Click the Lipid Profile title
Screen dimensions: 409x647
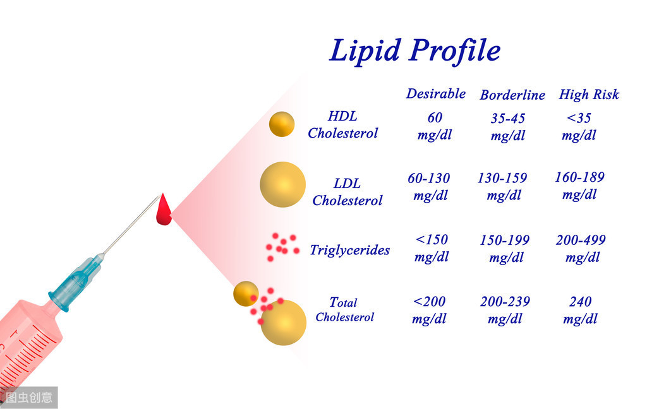[415, 50]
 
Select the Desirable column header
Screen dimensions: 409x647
[435, 94]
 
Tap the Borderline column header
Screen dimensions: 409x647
[512, 95]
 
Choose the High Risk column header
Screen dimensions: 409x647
[588, 95]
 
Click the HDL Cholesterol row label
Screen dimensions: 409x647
[342, 124]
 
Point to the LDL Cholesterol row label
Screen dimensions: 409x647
[347, 192]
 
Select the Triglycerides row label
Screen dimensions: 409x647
[349, 250]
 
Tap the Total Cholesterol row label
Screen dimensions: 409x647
[344, 309]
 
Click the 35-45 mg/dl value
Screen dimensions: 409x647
[507, 127]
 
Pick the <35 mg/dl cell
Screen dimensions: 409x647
[579, 126]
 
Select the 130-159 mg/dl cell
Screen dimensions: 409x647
[502, 186]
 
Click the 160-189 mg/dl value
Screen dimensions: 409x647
[579, 186]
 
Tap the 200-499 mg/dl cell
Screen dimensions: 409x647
[581, 249]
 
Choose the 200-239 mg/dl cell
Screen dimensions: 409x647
[505, 310]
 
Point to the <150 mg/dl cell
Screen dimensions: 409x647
[432, 248]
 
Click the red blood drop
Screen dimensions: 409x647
[164, 211]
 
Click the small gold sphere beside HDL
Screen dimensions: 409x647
[281, 124]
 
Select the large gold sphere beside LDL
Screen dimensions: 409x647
[282, 184]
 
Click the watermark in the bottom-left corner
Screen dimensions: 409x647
[29, 398]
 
